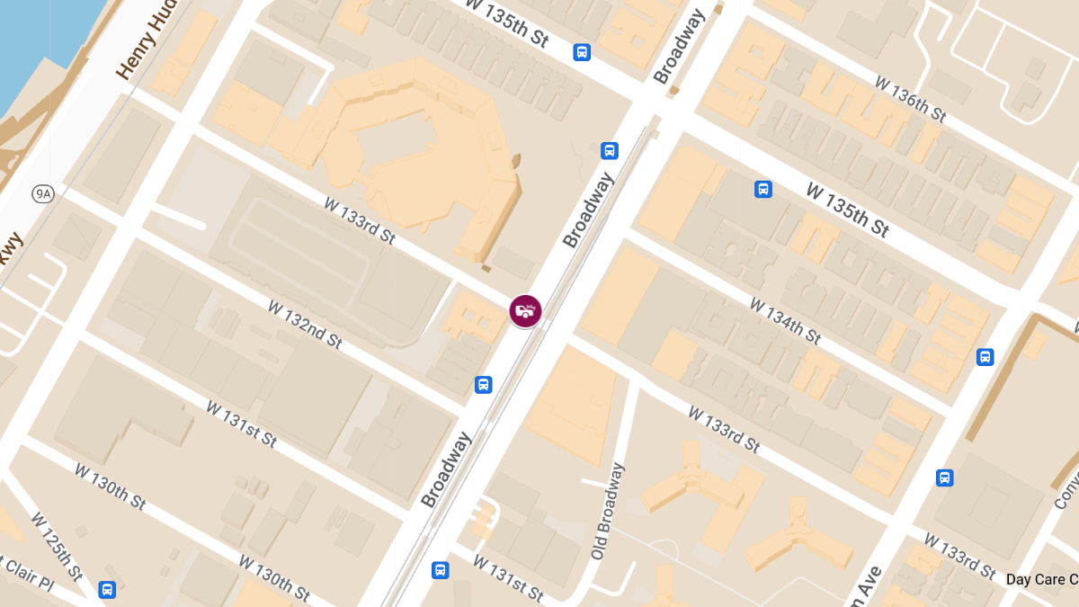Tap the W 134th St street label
click(785, 321)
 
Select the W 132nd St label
click(305, 324)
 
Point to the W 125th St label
click(56, 546)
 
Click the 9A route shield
click(42, 193)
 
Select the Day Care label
click(1041, 580)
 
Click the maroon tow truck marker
click(525, 311)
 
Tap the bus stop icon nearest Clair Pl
click(107, 590)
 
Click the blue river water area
click(36, 45)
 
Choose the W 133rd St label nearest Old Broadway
click(724, 429)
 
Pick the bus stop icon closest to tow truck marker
click(484, 385)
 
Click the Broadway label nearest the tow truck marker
click(587, 210)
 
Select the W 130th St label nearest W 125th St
click(110, 486)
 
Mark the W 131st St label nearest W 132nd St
click(241, 424)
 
